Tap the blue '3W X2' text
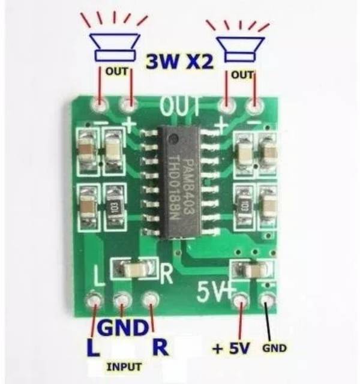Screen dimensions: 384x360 [x=180, y=61]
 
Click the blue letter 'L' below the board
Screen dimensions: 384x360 [x=92, y=348]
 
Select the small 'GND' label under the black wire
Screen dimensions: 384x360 [x=274, y=348]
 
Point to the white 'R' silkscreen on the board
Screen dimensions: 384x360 [x=166, y=274]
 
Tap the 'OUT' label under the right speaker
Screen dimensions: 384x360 [x=242, y=74]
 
